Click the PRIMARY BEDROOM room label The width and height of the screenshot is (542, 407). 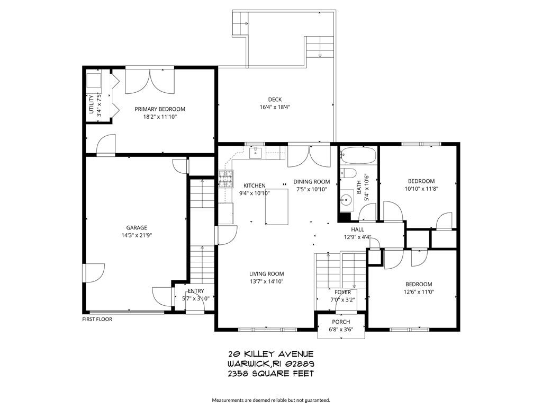[x=160, y=109]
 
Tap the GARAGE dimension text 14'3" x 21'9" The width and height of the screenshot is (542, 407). [x=136, y=235]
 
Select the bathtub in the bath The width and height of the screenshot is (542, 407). [x=358, y=156]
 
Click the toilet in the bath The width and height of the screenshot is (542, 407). [x=348, y=174]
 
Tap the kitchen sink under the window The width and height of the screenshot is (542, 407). [x=255, y=153]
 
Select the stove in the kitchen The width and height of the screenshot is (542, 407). [x=225, y=179]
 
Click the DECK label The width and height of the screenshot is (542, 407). [x=275, y=99]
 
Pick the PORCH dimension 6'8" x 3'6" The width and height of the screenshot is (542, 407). [x=341, y=329]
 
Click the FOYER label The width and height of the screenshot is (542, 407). [x=342, y=292]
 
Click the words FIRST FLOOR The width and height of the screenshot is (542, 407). [x=97, y=319]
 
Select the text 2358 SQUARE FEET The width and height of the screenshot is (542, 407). [x=271, y=374]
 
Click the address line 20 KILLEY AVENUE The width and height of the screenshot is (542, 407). [x=271, y=353]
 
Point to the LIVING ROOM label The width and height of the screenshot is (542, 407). [x=267, y=274]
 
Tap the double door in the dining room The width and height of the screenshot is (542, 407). [x=309, y=155]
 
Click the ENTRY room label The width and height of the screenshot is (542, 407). [x=195, y=291]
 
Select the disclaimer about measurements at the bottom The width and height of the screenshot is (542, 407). [x=271, y=400]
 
